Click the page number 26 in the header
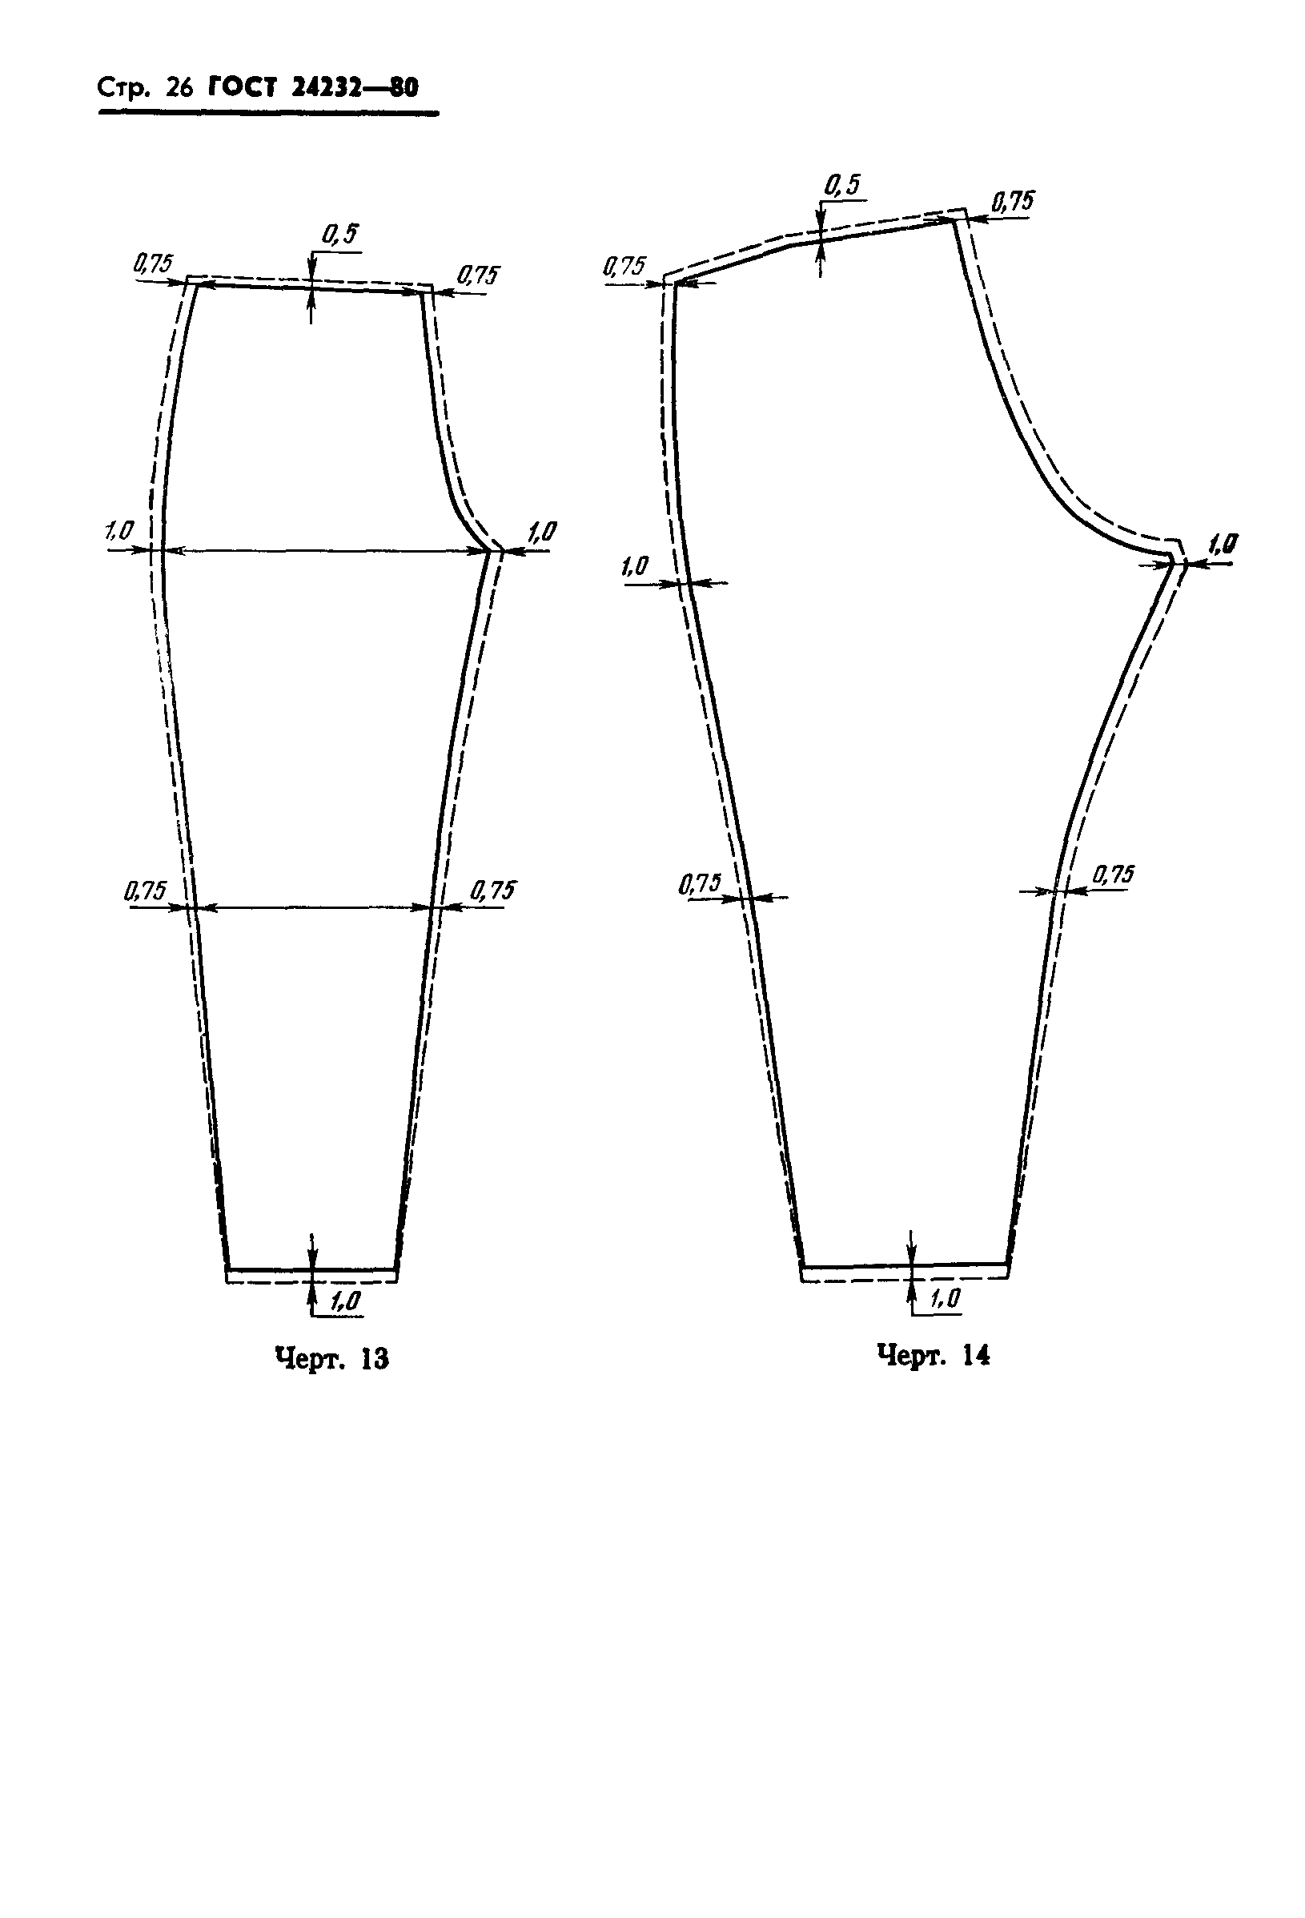pyautogui.click(x=179, y=88)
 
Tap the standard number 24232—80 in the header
pyautogui.click(x=355, y=87)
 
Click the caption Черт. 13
pyautogui.click(x=331, y=1357)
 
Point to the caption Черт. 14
pyautogui.click(x=933, y=1354)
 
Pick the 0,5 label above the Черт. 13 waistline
pyautogui.click(x=340, y=235)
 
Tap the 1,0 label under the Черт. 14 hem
pyautogui.click(x=946, y=1298)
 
